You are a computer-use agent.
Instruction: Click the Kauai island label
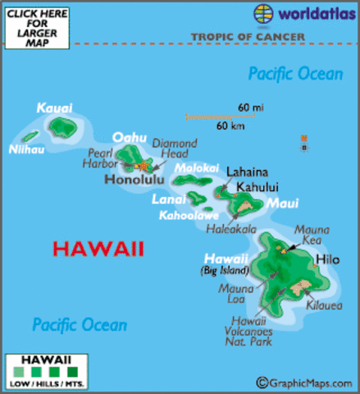pyautogui.click(x=54, y=108)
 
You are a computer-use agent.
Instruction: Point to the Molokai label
pyautogui.click(x=194, y=167)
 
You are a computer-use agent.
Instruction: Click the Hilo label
pyautogui.click(x=327, y=259)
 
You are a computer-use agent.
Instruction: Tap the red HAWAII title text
pyautogui.click(x=98, y=248)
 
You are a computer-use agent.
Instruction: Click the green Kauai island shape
pyautogui.click(x=63, y=126)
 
